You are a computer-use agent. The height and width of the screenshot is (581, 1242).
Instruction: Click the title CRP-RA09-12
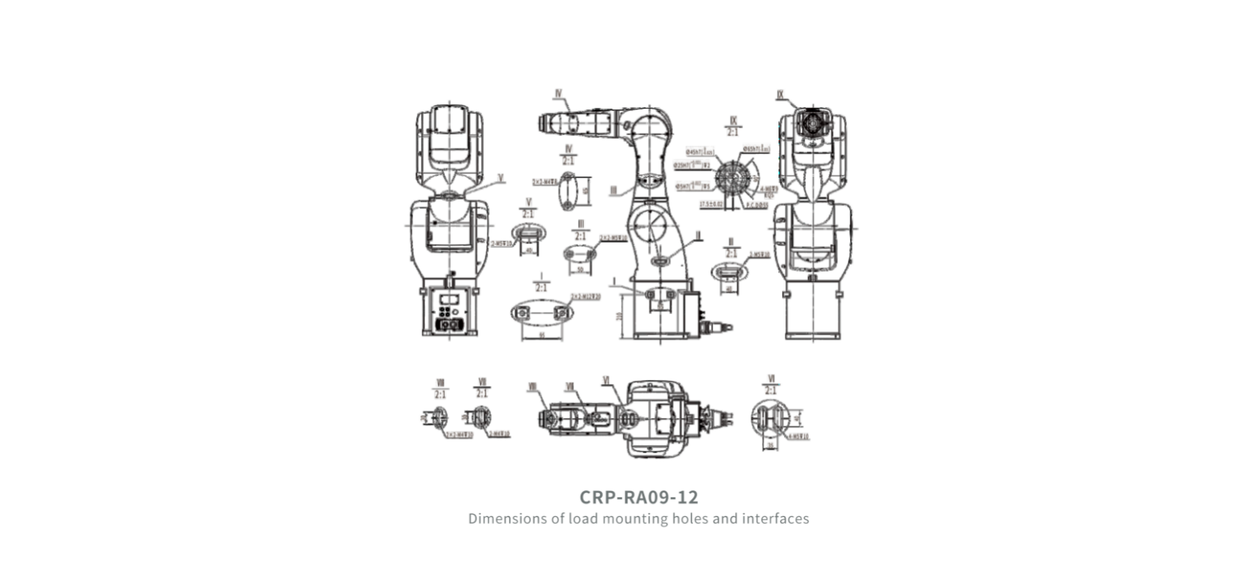click(x=638, y=497)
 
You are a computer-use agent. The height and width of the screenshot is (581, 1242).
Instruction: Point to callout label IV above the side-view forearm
click(x=558, y=94)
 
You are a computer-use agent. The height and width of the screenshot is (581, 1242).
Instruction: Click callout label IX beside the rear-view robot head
click(x=780, y=95)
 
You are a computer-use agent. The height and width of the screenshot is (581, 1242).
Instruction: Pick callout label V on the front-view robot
click(x=501, y=178)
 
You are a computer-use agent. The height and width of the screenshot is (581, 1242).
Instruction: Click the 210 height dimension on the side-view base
click(x=620, y=316)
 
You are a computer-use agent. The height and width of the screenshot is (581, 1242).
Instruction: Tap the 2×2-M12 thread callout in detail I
click(x=585, y=296)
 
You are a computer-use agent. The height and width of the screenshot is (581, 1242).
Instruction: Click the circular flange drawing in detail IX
click(x=731, y=175)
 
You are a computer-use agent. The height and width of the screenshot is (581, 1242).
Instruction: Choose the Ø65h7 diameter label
click(x=756, y=149)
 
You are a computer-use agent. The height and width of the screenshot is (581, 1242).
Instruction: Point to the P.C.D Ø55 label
click(x=756, y=205)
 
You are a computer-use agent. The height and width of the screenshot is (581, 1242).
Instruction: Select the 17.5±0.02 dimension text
click(x=710, y=205)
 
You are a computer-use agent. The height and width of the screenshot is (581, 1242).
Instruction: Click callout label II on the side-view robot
click(x=698, y=235)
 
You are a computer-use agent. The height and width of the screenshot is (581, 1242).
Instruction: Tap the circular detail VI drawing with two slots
click(x=769, y=418)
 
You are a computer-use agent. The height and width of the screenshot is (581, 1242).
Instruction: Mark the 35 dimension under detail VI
click(x=771, y=445)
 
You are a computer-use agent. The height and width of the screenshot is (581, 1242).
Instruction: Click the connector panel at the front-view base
click(x=449, y=313)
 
